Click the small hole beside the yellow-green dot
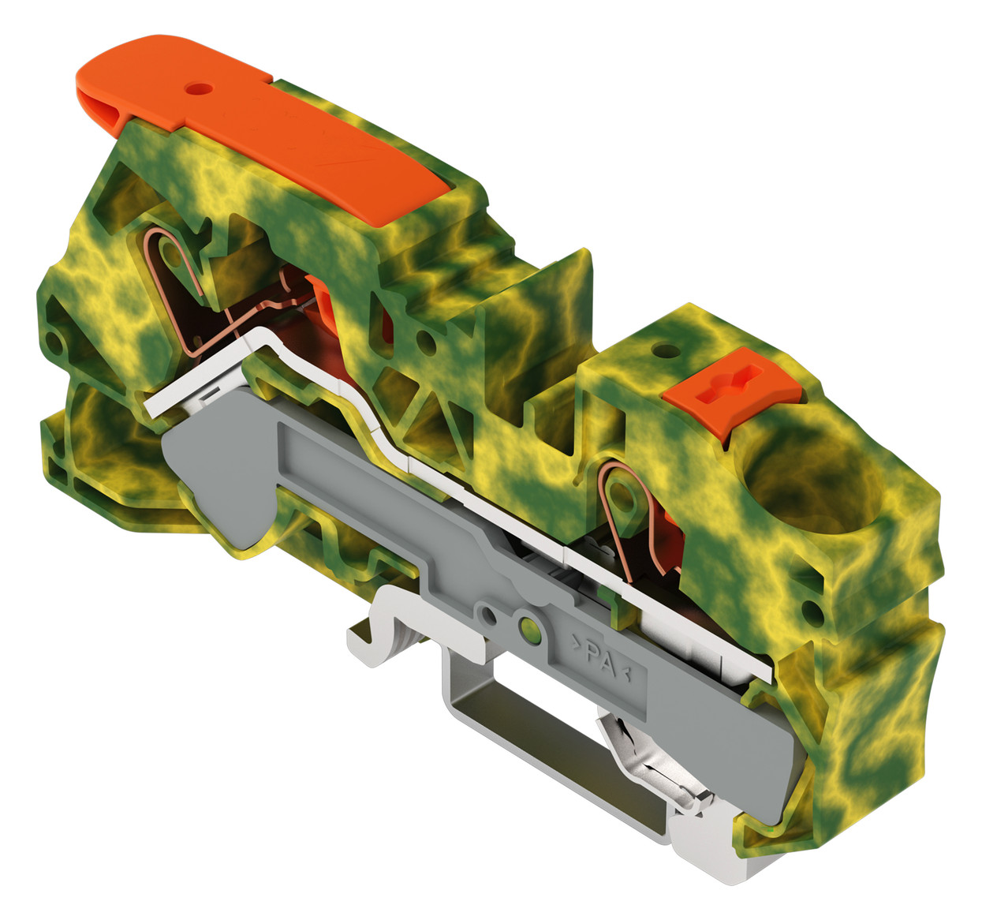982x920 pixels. click(489, 615)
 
